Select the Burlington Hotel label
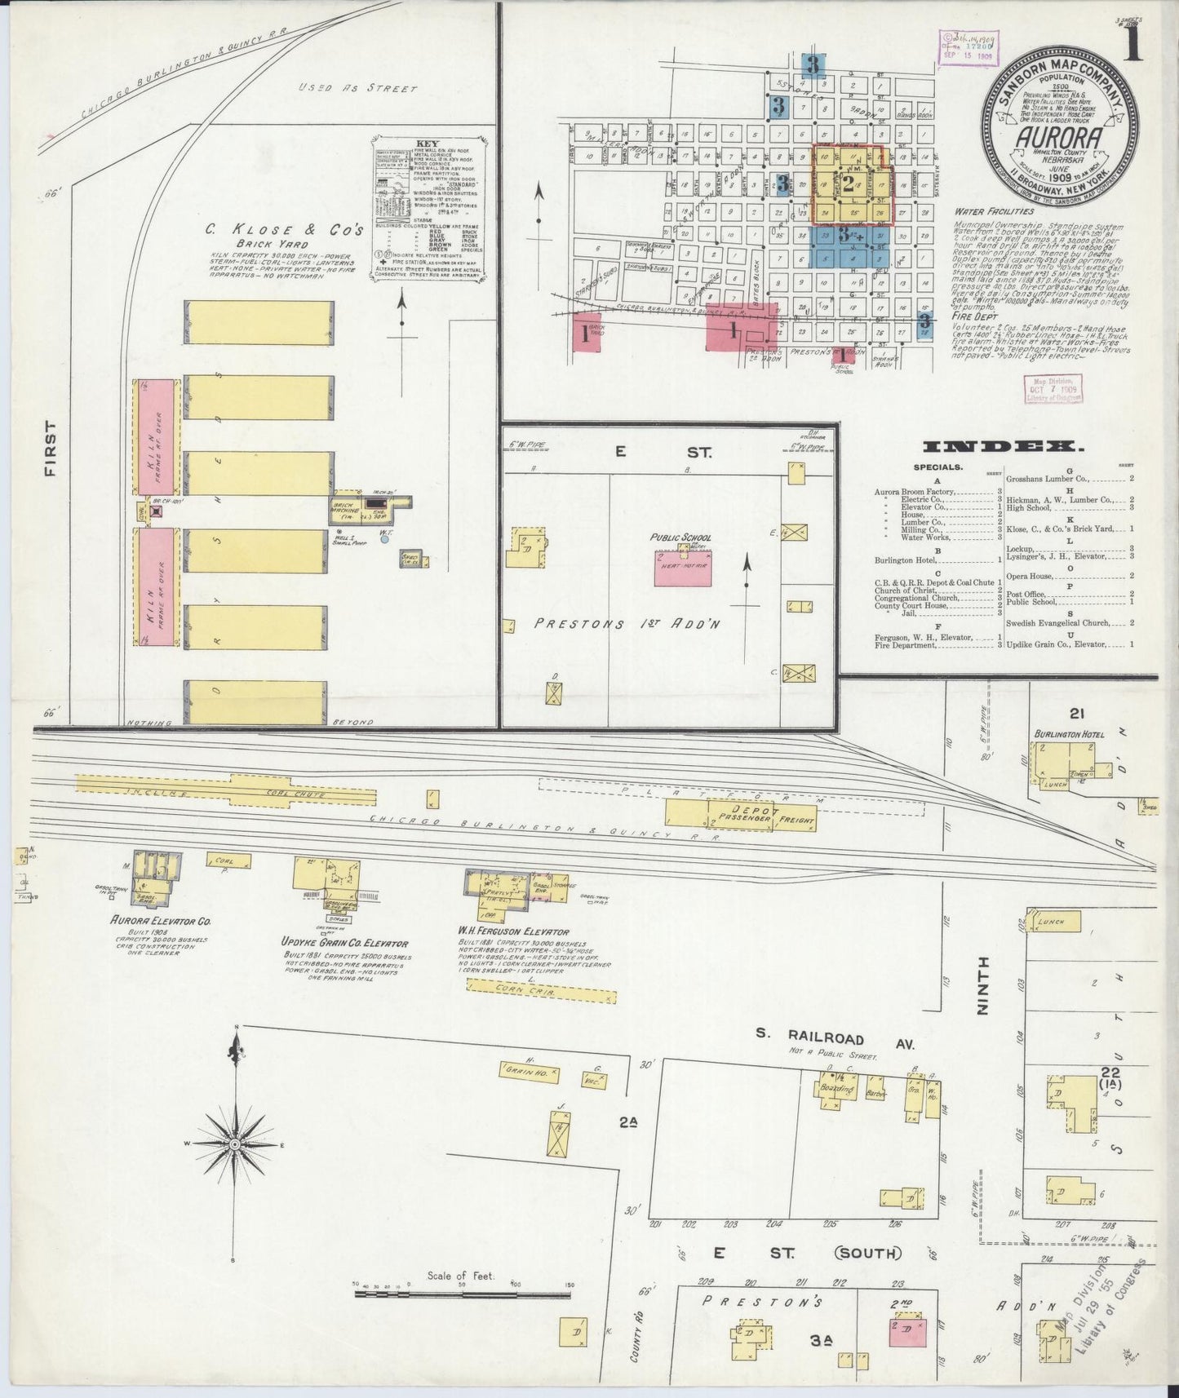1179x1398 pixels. [1069, 734]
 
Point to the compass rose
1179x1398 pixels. [235, 1144]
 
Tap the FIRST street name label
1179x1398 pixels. [51, 448]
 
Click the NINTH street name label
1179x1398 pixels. [983, 985]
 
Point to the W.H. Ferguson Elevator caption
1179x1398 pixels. [513, 931]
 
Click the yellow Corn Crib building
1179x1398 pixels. [541, 991]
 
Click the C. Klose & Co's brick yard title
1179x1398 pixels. [284, 231]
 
